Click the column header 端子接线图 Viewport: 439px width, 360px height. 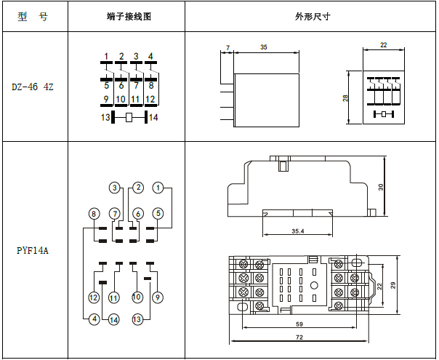[126, 17]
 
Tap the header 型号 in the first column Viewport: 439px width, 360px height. [33, 17]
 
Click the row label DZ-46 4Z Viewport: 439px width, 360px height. [33, 87]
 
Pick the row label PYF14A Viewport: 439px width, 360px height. [33, 250]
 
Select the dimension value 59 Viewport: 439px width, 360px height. [299, 324]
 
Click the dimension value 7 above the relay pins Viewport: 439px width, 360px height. [227, 47]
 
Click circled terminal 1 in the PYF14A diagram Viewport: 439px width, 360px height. [158, 188]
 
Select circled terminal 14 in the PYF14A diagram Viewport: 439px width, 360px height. [113, 319]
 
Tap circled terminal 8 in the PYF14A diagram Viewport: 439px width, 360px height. [94, 213]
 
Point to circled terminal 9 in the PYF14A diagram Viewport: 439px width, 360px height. [158, 297]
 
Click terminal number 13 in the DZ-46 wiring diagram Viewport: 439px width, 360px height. [105, 117]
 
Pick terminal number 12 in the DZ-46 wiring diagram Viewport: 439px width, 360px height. [150, 99]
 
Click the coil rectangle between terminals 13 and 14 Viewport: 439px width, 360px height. [129, 117]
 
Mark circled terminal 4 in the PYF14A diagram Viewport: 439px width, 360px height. [94, 319]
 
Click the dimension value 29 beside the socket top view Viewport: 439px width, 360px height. [394, 286]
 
